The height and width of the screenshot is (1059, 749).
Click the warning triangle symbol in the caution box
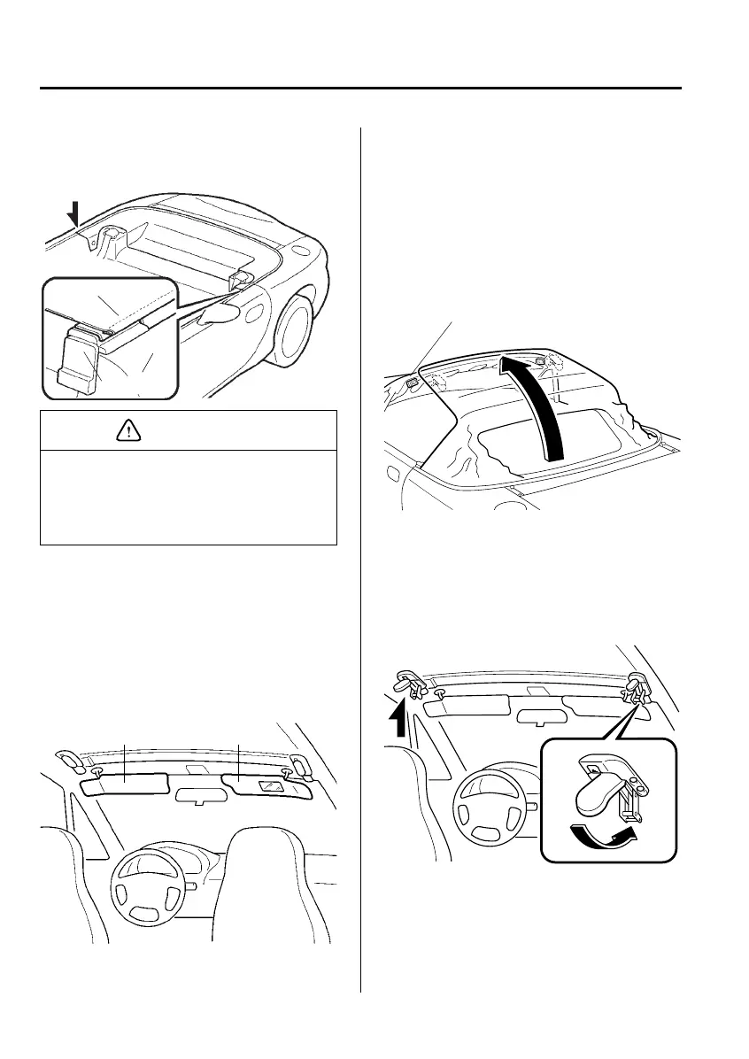(x=126, y=431)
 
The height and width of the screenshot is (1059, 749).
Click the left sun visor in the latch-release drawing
(x=467, y=705)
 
